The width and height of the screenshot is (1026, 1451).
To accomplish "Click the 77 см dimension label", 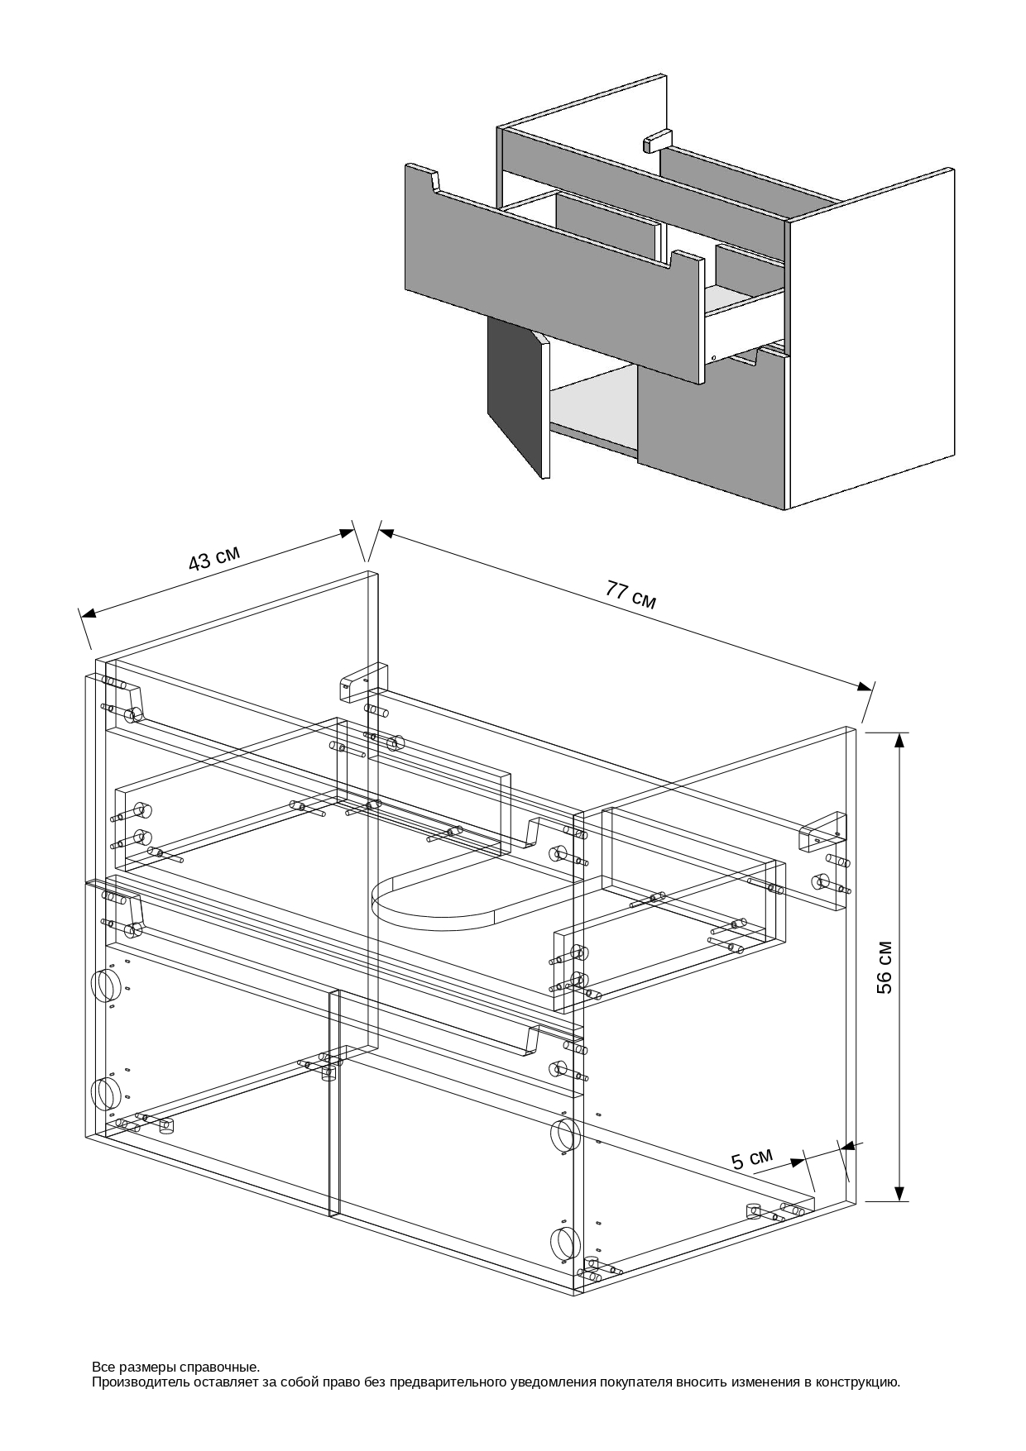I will click(x=630, y=594).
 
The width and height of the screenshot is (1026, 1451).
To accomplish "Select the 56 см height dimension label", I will click(x=885, y=967).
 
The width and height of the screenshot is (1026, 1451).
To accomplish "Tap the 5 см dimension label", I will click(x=751, y=1158).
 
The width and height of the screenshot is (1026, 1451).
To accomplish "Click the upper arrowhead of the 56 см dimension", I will click(x=899, y=740).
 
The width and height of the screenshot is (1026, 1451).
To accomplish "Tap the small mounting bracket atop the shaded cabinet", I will click(x=657, y=140).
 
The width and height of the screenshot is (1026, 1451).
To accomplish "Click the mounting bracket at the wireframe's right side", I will click(x=822, y=833).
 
